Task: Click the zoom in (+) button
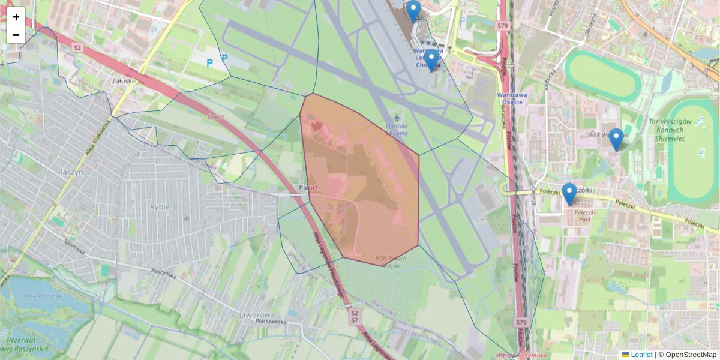pyautogui.click(x=16, y=17)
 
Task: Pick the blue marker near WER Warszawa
pyautogui.click(x=616, y=140)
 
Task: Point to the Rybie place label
pyautogui.click(x=159, y=206)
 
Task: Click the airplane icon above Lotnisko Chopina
pyautogui.click(x=397, y=116)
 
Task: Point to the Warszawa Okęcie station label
pyautogui.click(x=512, y=97)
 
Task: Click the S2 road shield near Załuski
pyautogui.click(x=77, y=47)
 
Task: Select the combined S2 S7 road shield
pyautogui.click(x=354, y=317)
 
